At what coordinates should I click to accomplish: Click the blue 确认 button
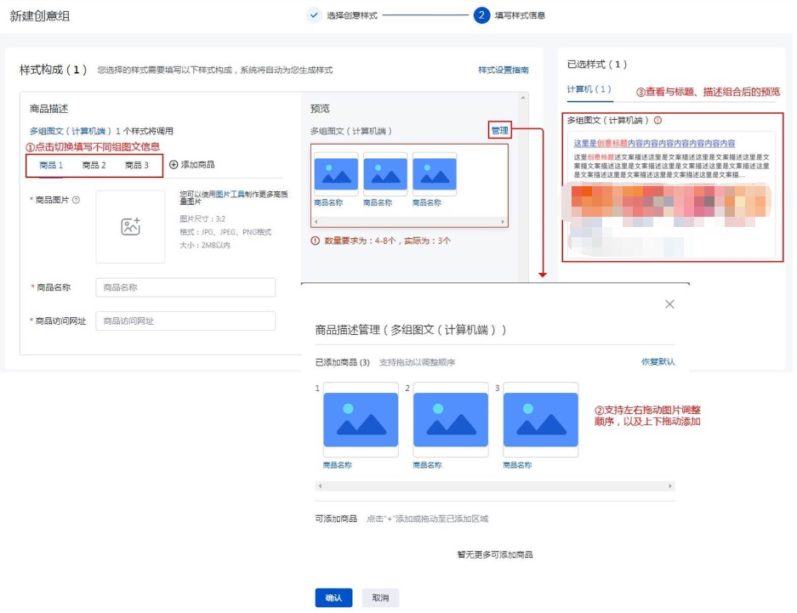point(333,598)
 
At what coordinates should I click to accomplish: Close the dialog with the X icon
point(669,304)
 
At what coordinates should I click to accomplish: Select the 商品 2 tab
point(94,165)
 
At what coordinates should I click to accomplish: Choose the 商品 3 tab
point(136,165)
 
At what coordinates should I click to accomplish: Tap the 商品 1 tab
point(51,165)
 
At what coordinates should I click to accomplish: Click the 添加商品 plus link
point(191,165)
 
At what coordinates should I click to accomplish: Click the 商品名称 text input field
point(185,287)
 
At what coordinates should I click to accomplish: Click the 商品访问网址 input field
point(185,321)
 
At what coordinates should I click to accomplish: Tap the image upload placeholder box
point(130,226)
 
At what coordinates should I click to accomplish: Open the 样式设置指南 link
point(503,71)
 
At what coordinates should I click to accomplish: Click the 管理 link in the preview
point(499,131)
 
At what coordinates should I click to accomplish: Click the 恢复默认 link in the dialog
point(658,362)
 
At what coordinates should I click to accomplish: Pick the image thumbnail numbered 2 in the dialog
point(450,420)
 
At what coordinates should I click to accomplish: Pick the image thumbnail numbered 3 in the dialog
point(540,420)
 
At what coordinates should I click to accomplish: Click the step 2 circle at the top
point(481,15)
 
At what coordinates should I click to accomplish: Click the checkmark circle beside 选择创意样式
point(314,15)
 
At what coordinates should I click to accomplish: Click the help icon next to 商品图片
point(77,201)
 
